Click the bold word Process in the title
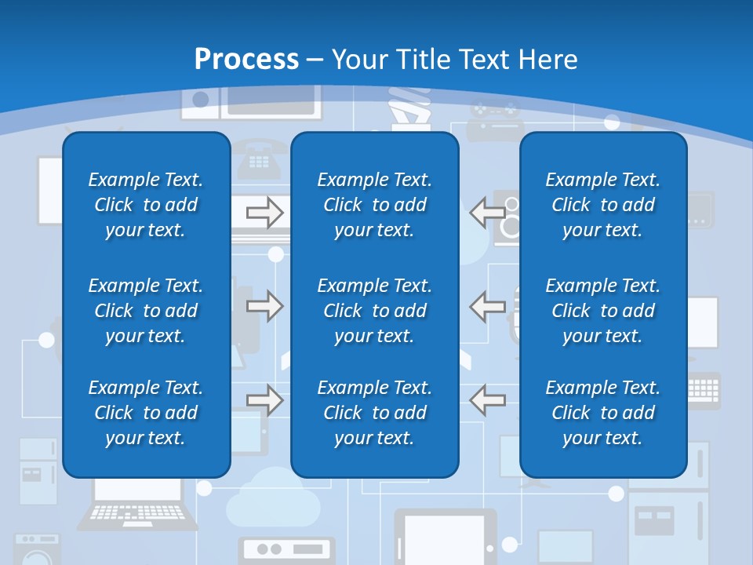[x=246, y=60]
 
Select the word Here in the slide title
[x=547, y=60]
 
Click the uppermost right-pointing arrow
[x=265, y=213]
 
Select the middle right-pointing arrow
[x=265, y=306]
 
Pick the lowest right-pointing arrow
[x=265, y=400]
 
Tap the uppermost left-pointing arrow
[x=487, y=212]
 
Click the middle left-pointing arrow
[x=487, y=306]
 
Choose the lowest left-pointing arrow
[x=487, y=399]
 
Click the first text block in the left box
[x=146, y=205]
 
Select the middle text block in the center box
[x=374, y=311]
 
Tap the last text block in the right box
[x=602, y=413]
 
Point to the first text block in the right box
[x=602, y=205]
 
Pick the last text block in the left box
[x=146, y=413]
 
